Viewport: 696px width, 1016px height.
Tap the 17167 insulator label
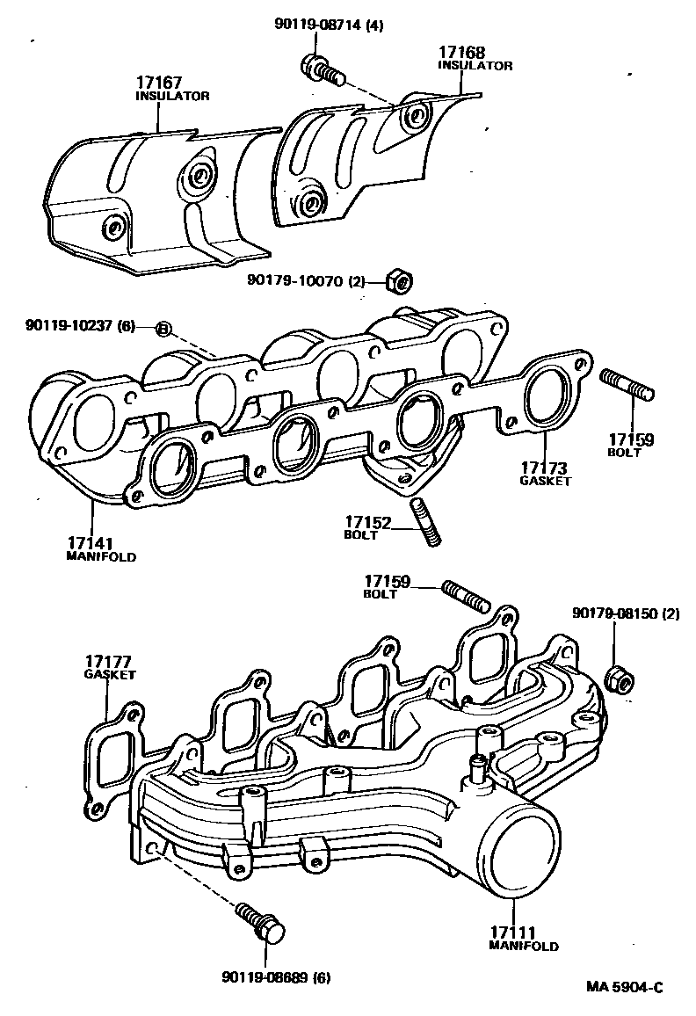coord(172,88)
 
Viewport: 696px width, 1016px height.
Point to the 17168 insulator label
coord(475,58)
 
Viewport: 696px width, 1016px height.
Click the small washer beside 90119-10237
coord(163,329)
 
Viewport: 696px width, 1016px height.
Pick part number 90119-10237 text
coord(80,326)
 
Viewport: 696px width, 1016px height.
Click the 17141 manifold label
coord(101,548)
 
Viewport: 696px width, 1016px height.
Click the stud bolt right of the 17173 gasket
coord(627,387)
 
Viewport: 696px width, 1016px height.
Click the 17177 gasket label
coord(110,667)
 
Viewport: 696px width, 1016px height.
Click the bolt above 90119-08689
coord(261,922)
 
